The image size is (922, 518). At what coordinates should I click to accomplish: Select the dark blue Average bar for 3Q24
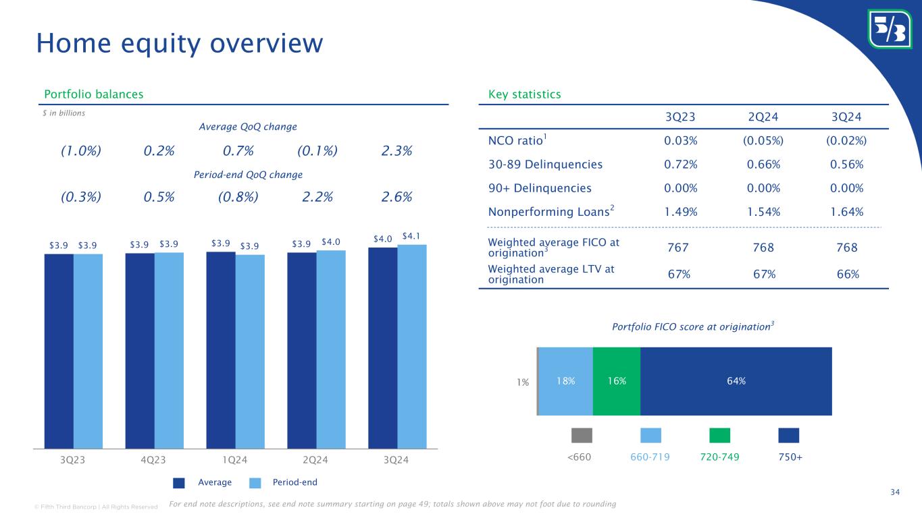click(x=382, y=347)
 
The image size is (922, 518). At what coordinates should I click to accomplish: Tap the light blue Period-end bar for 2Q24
click(x=331, y=349)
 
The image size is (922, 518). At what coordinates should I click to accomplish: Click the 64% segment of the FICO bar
click(x=736, y=381)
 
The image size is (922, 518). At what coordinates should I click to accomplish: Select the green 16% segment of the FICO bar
click(x=616, y=381)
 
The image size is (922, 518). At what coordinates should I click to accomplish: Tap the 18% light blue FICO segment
click(x=566, y=381)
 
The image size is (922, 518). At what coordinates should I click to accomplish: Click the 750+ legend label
click(x=789, y=457)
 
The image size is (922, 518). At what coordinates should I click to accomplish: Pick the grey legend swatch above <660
click(x=582, y=435)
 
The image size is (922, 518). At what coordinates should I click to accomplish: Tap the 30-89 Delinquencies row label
click(x=545, y=164)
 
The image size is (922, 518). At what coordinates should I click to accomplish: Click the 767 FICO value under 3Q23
click(x=677, y=248)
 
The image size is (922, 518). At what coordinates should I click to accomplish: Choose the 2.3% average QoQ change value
click(x=396, y=151)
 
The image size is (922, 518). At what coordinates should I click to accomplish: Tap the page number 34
click(x=894, y=492)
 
